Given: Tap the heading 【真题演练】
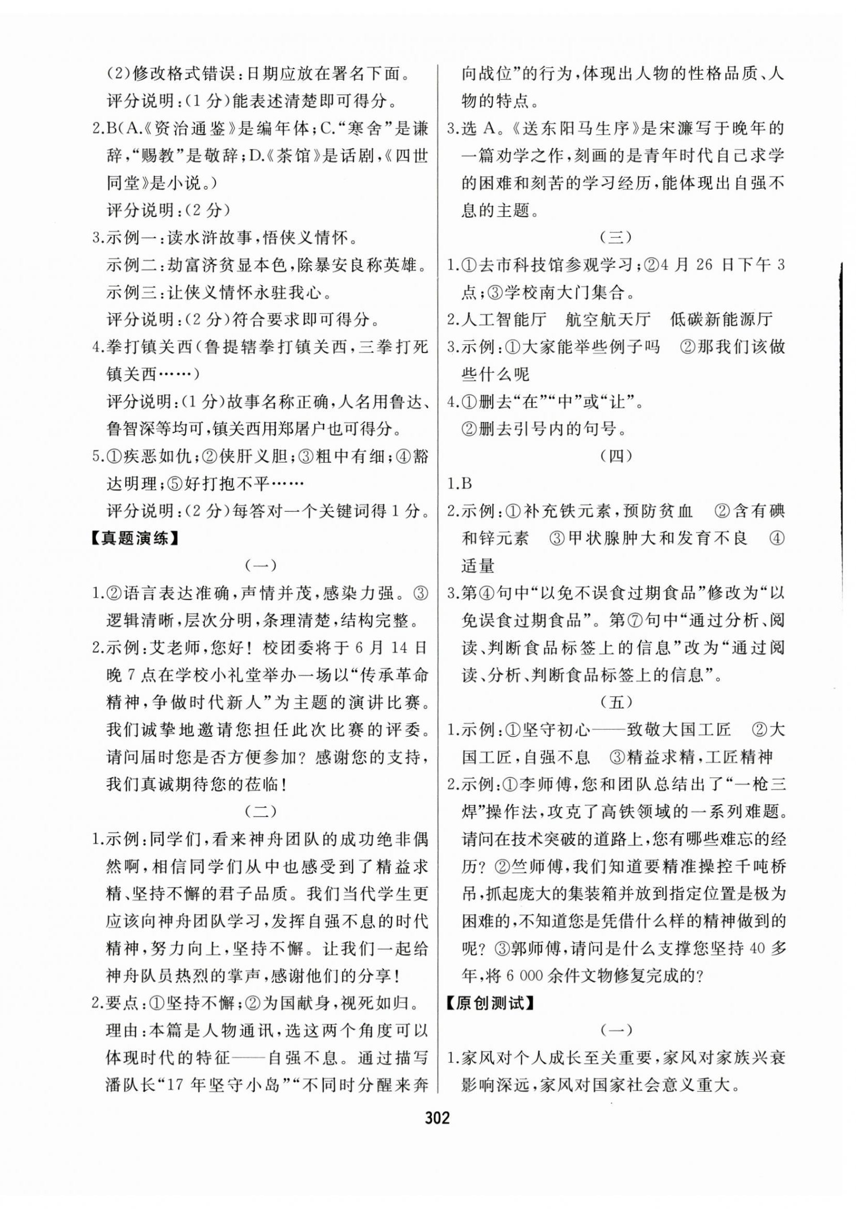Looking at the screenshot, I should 134,539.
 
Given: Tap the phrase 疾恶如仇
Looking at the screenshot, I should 155,457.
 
